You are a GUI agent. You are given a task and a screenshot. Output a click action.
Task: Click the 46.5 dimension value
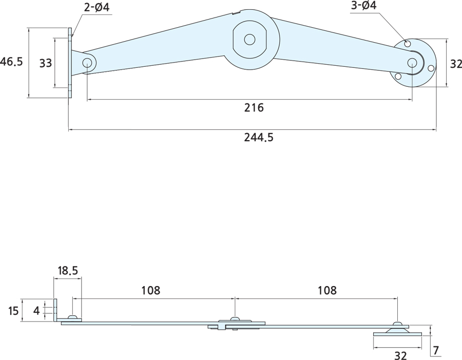[x=12, y=62]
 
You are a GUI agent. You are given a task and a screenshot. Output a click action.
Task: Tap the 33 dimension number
[x=46, y=63]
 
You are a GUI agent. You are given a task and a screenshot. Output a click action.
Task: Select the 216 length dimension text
[x=254, y=108]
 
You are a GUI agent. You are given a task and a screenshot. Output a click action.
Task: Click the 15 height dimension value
[x=13, y=311]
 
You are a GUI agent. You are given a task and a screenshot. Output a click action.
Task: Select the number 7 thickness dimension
[x=436, y=351]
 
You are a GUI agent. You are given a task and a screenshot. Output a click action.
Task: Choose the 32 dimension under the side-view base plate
[x=400, y=355]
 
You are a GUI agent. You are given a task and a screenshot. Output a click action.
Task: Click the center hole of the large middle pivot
[x=249, y=39]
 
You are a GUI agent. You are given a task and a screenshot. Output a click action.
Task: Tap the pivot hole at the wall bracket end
[x=87, y=63]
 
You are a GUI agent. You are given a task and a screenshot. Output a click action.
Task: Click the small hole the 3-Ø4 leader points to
[x=408, y=44]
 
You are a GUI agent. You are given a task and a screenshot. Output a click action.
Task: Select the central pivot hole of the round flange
[x=412, y=62]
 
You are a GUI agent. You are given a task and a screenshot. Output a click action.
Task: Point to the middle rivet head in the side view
[x=235, y=320]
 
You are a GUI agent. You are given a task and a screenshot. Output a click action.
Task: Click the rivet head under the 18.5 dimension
[x=73, y=317]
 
